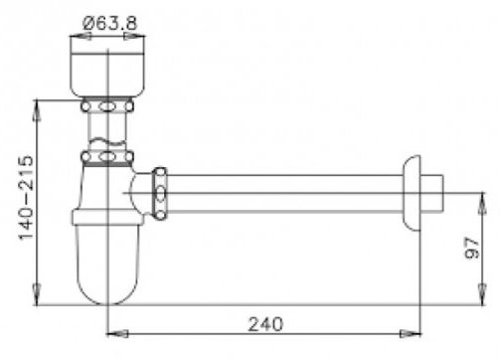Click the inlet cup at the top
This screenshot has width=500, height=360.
[x=106, y=65]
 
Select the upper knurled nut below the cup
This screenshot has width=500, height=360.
[x=106, y=103]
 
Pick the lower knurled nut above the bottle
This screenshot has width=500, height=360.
[x=106, y=154]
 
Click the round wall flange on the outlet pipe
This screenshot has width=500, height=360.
[x=413, y=188]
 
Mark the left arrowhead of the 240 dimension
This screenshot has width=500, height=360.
[x=110, y=333]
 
